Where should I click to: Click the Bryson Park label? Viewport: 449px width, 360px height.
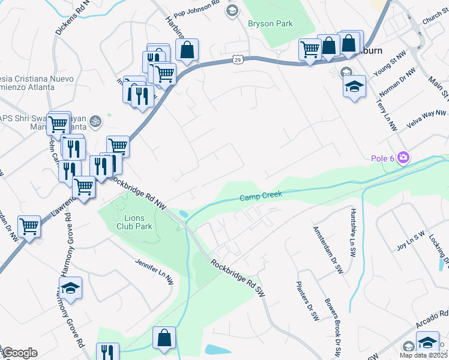(270, 25)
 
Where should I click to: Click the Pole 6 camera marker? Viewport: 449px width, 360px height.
(403, 158)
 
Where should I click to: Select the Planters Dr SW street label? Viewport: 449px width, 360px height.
(307, 302)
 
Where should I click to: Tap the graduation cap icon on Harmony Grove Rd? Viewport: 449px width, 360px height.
(70, 287)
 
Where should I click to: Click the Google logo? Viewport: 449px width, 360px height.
(20, 353)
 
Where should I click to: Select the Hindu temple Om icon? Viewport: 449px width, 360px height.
(95, 122)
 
